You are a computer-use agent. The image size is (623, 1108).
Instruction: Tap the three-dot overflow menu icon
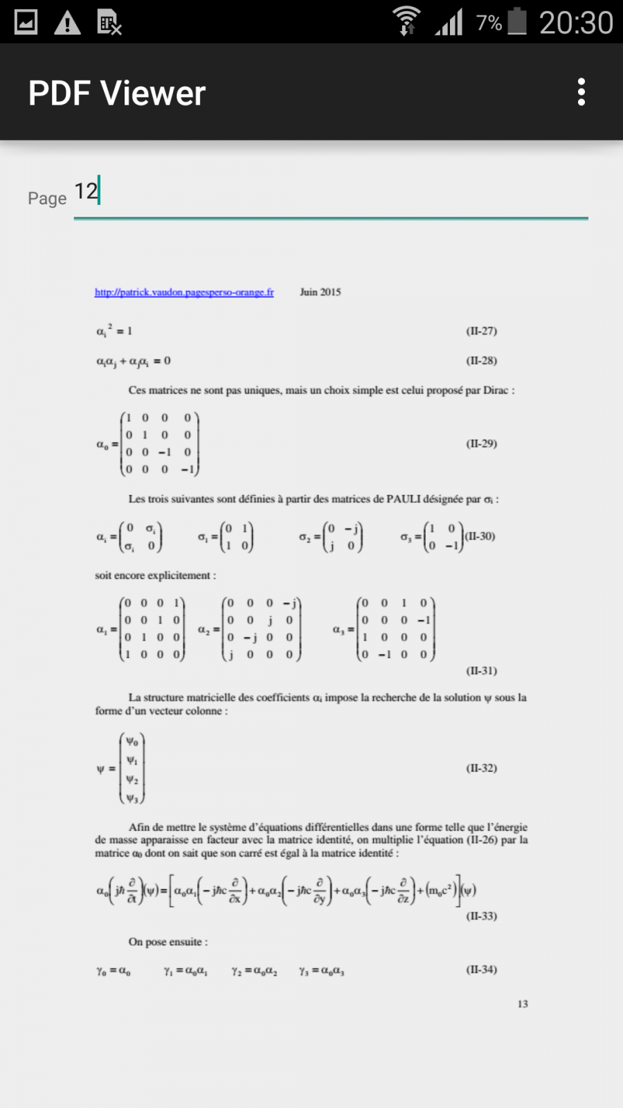pos(581,92)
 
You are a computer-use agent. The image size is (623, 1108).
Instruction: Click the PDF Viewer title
pos(117,93)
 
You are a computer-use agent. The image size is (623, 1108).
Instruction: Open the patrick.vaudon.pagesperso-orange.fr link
pos(184,292)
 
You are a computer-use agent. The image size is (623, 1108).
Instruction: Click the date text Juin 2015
pos(320,292)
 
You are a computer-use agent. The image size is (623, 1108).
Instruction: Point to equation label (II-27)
pos(481,331)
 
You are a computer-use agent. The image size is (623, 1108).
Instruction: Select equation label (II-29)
pos(481,443)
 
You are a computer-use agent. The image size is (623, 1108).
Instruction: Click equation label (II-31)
pos(481,670)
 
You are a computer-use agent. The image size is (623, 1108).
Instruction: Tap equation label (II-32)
pos(481,768)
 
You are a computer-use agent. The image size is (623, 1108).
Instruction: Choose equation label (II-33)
pos(481,915)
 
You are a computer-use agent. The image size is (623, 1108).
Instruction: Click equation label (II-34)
pos(481,969)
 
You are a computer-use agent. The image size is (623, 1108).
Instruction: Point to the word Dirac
pos(496,391)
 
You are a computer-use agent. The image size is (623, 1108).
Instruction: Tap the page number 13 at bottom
pos(523,1003)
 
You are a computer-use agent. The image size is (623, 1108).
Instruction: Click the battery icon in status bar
pos(517,21)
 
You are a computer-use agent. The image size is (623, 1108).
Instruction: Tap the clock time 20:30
pos(576,23)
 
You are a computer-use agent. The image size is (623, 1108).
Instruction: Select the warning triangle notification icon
pos(67,23)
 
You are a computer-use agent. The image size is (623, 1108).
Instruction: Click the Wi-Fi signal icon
pos(406,21)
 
